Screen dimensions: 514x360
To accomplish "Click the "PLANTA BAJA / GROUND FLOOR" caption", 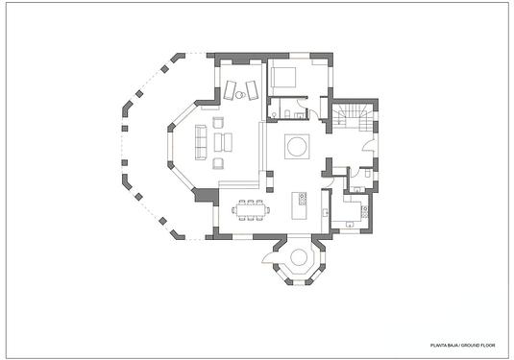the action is [462, 346].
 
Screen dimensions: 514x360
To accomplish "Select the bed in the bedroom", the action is [283, 78].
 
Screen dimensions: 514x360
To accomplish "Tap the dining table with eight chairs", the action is [251, 209].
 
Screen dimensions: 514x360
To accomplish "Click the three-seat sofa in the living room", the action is [201, 142].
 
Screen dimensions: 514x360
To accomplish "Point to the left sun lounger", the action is [230, 89].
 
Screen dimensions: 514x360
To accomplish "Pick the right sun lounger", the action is [252, 89].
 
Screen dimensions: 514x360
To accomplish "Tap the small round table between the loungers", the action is [239, 95].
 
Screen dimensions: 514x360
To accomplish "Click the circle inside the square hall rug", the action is [297, 146].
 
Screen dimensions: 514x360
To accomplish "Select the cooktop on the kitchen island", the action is [303, 199].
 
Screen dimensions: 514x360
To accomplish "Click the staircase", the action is [354, 117].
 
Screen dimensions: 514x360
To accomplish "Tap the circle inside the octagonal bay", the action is [299, 257].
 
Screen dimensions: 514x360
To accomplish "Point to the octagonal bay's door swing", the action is [270, 257].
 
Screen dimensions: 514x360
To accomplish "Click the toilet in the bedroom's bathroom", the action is [287, 113].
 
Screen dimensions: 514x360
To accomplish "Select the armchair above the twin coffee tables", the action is [218, 123].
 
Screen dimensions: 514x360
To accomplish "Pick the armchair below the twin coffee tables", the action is [218, 163].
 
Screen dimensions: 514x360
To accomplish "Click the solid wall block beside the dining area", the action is [207, 195].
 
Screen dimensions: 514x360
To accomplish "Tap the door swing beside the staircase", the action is [368, 144].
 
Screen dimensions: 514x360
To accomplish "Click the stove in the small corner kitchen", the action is [364, 211].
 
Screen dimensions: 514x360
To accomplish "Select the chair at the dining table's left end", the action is [233, 209].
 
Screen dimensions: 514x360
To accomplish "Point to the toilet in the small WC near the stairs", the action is [367, 172].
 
